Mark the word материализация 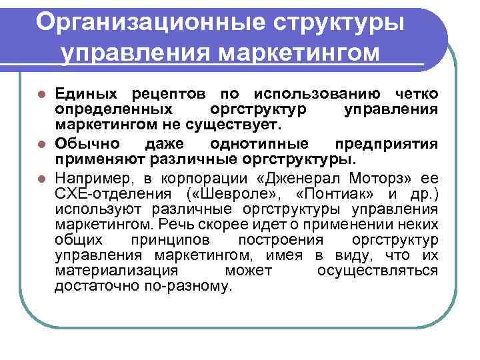(x=117, y=271)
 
